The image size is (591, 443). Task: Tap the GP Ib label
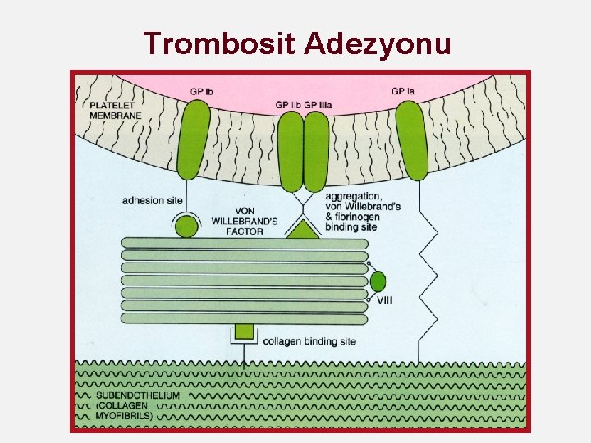coord(202,90)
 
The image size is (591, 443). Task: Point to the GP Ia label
coord(403,90)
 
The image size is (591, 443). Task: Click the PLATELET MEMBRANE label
coord(116,110)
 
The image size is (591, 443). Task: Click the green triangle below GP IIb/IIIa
coord(304,230)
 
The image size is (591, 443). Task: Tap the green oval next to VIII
coord(378,281)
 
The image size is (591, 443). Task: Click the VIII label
coord(384,300)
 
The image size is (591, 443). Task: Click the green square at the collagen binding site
coord(244,331)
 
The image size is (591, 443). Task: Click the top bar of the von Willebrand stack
coord(245,243)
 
